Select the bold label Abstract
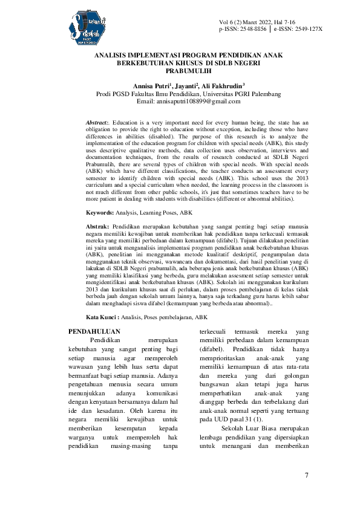click(x=98, y=122)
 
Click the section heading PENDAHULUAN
click(x=94, y=331)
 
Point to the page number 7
click(x=307, y=475)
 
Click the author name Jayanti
click(x=186, y=86)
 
